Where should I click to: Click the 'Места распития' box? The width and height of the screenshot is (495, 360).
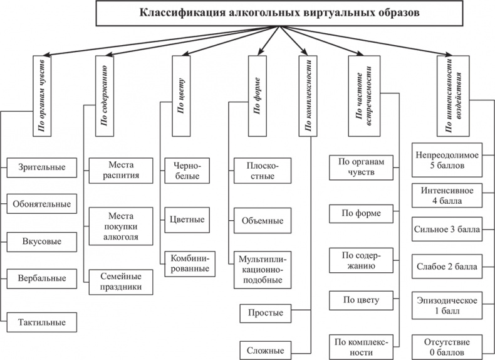[x=121, y=170]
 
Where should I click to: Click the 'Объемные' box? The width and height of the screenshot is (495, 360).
[x=262, y=221]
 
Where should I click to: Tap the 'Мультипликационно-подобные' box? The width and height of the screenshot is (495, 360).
[x=262, y=270]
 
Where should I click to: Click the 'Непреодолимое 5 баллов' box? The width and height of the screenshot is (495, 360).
[x=447, y=160]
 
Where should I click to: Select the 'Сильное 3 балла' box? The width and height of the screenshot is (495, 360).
[x=447, y=230]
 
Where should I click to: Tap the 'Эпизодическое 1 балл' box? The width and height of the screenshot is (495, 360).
[x=447, y=304]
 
